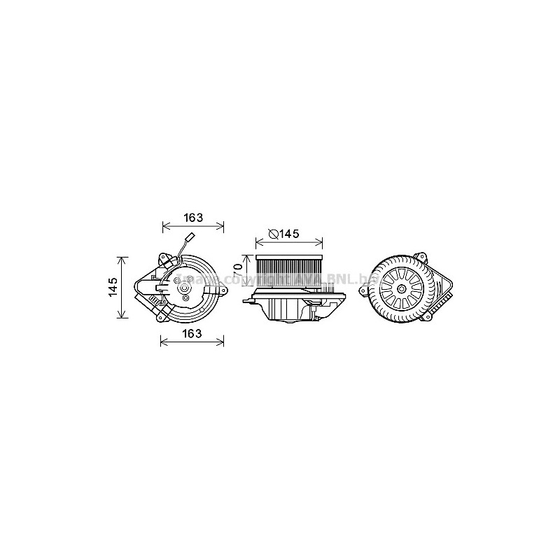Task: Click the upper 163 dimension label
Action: (x=193, y=218)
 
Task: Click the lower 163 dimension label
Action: (x=192, y=333)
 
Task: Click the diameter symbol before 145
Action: (x=274, y=234)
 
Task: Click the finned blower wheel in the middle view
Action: (x=289, y=271)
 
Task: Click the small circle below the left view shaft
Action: (x=185, y=299)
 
